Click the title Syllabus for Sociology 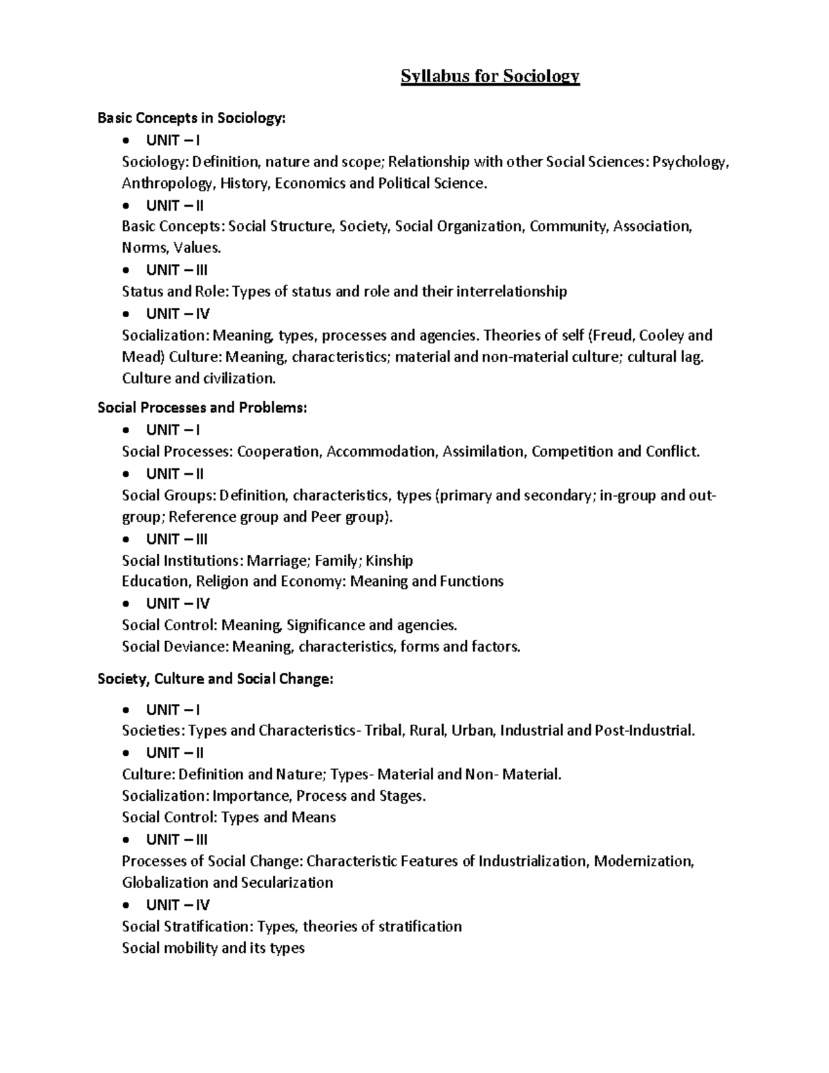pos(490,76)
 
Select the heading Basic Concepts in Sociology pos(191,118)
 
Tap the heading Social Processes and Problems pos(202,408)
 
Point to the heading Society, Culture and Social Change pos(216,679)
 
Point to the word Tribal pos(383,731)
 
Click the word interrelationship pos(512,292)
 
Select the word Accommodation pos(382,452)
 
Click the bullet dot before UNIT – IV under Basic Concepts pos(125,314)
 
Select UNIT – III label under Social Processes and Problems pos(177,539)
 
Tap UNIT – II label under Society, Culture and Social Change pos(175,752)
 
